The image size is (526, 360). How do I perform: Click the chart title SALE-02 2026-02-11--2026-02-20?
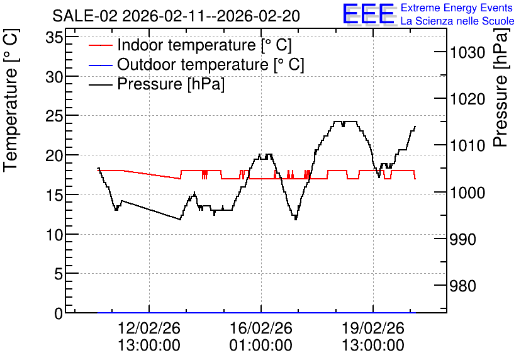point(176,16)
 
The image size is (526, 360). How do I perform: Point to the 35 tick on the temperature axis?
point(54,37)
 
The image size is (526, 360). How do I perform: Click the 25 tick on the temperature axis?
point(54,116)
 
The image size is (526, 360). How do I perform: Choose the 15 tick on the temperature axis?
point(54,195)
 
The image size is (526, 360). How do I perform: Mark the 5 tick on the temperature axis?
point(59,274)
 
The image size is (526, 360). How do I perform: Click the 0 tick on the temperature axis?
point(59,313)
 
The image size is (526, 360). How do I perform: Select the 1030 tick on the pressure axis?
point(467,52)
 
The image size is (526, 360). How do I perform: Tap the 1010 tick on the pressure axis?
point(467,145)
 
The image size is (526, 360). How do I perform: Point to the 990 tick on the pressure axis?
point(463,239)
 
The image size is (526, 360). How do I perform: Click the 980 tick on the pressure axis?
point(463,286)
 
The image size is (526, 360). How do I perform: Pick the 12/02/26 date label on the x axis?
point(149,328)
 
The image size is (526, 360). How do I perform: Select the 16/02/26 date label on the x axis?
point(261,328)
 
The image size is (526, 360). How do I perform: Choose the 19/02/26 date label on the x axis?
point(373,328)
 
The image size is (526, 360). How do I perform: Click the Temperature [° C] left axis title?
point(11,101)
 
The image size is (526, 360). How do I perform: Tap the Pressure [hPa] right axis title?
point(501,87)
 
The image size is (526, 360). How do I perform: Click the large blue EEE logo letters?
point(369,14)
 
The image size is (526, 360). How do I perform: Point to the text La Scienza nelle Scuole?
point(457,21)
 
